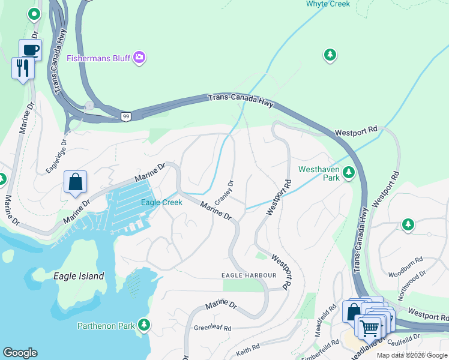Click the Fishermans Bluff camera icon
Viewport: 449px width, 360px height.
tap(140, 58)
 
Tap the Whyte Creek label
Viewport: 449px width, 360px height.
tap(328, 4)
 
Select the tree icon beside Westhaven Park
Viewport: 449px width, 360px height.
tap(348, 173)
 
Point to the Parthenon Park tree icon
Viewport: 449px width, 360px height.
tap(143, 326)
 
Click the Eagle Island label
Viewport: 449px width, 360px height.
tap(79, 276)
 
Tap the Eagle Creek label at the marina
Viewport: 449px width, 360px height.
tap(161, 202)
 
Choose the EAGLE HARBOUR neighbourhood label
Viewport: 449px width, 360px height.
tap(249, 275)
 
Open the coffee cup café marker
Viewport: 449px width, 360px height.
tap(30, 50)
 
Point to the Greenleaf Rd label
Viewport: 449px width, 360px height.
tap(212, 328)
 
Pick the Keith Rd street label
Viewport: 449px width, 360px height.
tap(247, 347)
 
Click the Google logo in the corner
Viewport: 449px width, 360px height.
tap(20, 353)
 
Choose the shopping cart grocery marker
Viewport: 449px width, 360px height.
tap(369, 328)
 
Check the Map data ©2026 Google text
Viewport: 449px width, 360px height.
tap(411, 355)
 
